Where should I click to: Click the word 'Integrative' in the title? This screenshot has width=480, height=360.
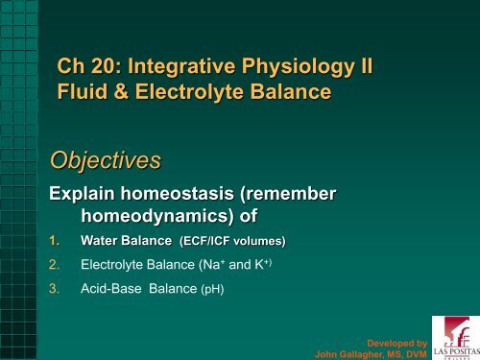180,69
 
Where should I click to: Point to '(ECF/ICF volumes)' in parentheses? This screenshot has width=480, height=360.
232,239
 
